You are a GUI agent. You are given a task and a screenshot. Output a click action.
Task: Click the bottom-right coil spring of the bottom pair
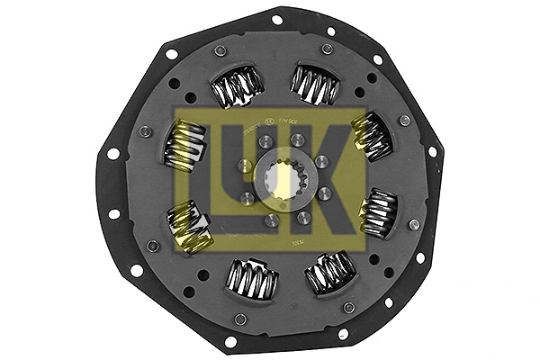point(330,273)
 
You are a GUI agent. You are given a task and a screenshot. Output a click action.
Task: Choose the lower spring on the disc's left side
point(191,227)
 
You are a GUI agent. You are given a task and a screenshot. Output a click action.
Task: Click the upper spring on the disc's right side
point(372,134)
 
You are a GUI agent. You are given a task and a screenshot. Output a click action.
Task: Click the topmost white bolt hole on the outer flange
point(276,20)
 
